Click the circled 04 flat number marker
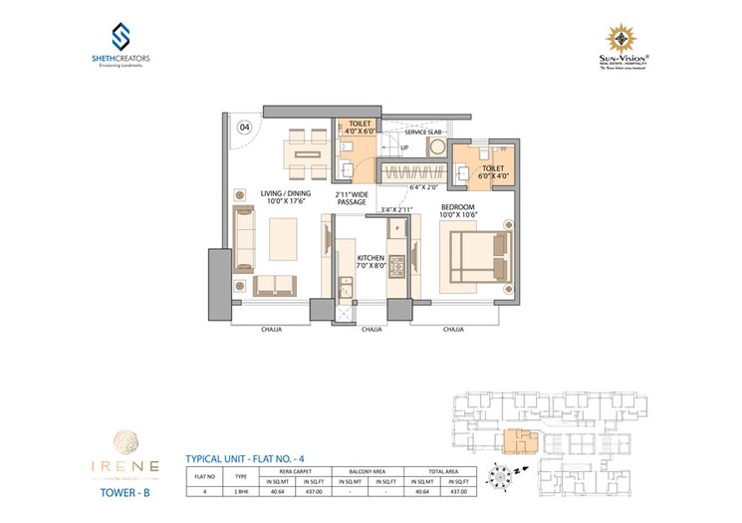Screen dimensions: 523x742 [243, 128]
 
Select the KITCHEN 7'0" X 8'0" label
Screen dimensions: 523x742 [370, 262]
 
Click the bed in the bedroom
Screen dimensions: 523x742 [477, 256]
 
